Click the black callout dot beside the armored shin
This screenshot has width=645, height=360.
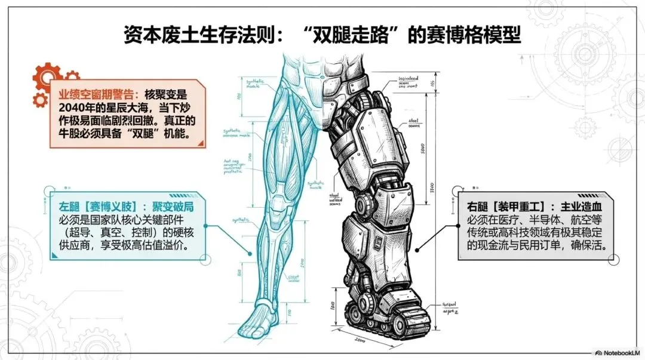coord(416,247)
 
